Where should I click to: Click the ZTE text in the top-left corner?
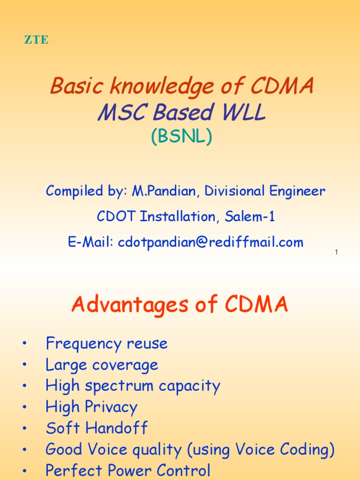[x=36, y=40]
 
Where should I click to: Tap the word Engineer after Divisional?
[x=296, y=191]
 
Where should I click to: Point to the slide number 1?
[x=337, y=253]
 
